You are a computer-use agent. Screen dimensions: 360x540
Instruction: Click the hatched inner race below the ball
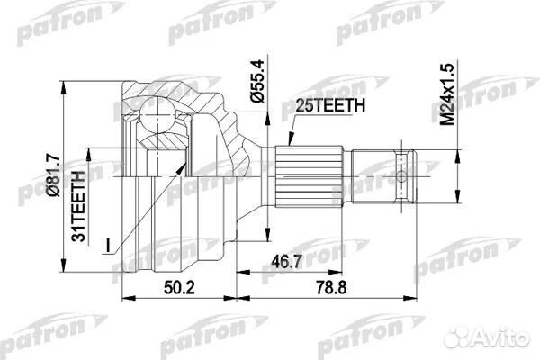pyautogui.click(x=163, y=141)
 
